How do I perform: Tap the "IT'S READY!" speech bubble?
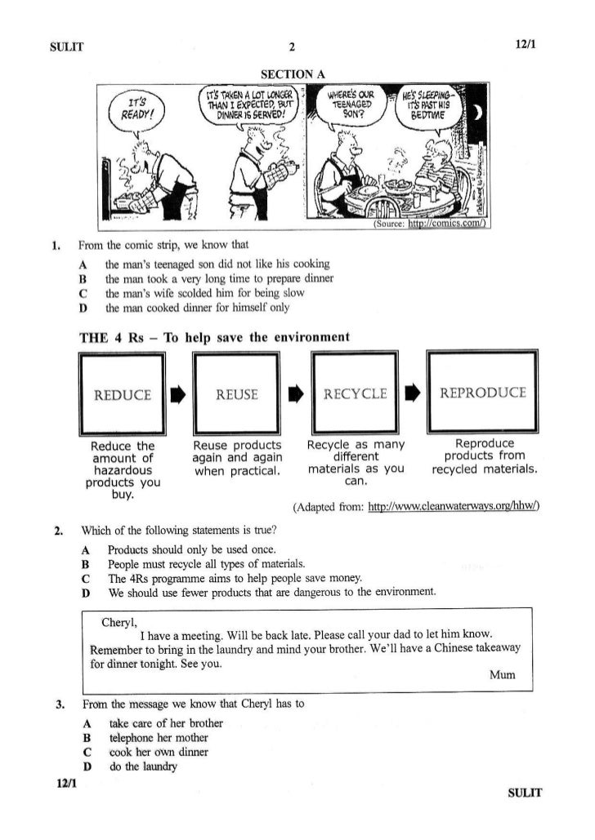pyautogui.click(x=133, y=109)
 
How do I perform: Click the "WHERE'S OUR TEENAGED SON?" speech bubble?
pyautogui.click(x=350, y=104)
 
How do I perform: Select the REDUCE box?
pyautogui.click(x=123, y=395)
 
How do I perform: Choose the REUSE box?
pyautogui.click(x=236, y=395)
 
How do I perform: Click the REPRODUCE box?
pyautogui.click(x=482, y=394)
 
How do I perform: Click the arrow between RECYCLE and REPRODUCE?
pyautogui.click(x=413, y=396)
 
